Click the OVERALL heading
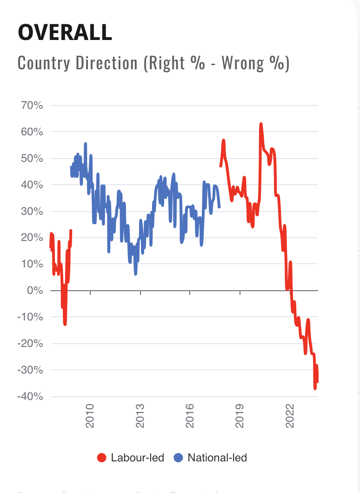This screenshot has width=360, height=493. point(65,32)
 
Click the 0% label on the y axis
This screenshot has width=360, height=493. point(35,291)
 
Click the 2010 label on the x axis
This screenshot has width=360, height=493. point(90,413)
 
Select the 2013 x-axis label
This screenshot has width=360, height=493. point(140,413)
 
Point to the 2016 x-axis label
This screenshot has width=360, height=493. point(190,413)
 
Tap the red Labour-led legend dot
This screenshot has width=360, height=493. point(101,458)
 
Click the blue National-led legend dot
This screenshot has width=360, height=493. point(178,458)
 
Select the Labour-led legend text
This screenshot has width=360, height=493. point(138,458)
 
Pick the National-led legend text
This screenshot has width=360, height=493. point(217,458)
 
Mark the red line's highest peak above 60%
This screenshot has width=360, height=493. point(261,124)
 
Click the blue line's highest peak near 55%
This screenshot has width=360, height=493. point(86,143)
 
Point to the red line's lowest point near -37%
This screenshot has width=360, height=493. point(315,389)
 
